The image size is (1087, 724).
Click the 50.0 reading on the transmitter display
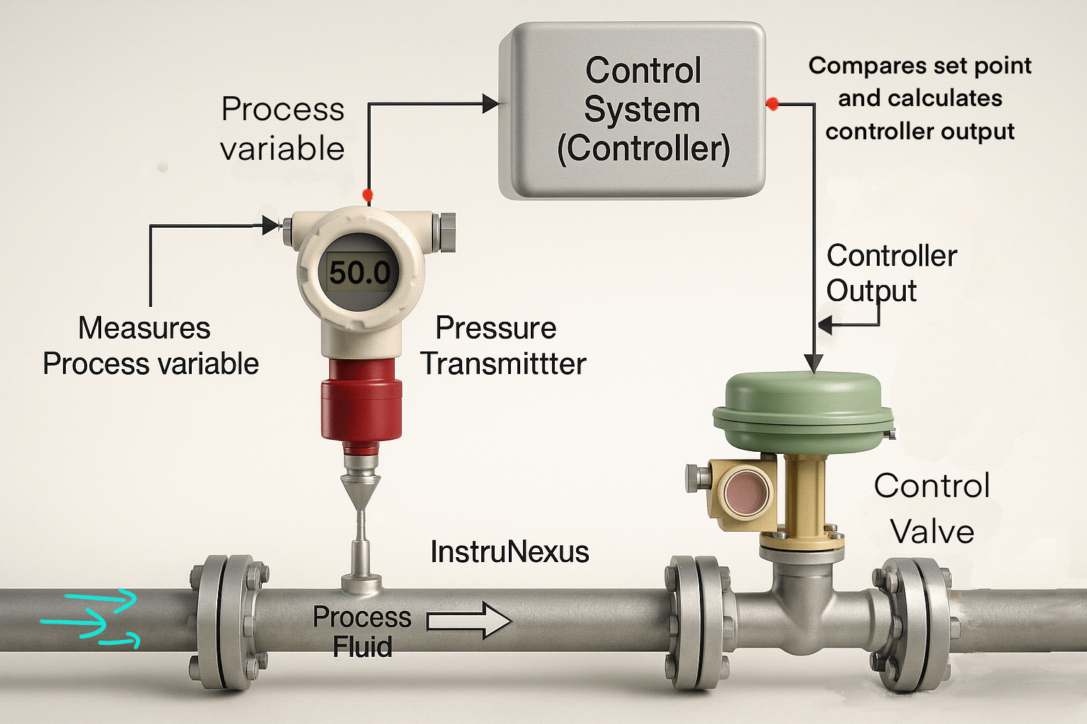point(360,273)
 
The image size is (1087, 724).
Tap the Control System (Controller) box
point(632,110)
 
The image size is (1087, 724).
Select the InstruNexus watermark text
point(510,552)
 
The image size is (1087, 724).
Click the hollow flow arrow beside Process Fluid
point(468,621)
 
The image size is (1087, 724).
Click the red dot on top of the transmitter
point(367,194)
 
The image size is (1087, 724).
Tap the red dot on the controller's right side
point(772,104)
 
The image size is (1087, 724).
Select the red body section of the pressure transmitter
point(362,399)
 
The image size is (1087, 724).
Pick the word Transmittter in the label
point(504,364)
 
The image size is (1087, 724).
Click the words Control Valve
point(931,508)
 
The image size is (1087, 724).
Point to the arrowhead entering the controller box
point(490,104)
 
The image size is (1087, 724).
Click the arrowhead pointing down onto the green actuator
point(815,363)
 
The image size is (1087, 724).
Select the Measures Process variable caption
point(150,346)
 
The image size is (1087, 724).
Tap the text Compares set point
point(919,66)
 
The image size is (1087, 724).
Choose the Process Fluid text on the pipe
point(362,631)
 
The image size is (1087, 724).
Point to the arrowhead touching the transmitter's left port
point(271,226)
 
